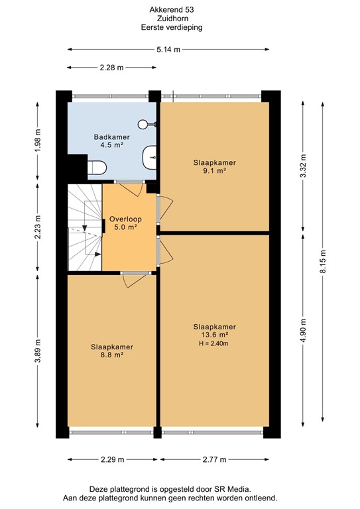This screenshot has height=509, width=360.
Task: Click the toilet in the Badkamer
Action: pos(97,168)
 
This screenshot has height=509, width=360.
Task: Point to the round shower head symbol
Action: pos(142,124)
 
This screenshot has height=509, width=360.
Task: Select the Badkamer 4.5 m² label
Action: pos(111,141)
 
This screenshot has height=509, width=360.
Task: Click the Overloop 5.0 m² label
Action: pos(125,223)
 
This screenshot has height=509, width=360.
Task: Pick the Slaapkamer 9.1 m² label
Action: pos(215,166)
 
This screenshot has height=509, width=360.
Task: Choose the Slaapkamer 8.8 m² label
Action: pos(112,351)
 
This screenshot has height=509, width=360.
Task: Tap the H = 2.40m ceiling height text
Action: pos(213,343)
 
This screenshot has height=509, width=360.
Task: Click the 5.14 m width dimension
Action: pos(168,50)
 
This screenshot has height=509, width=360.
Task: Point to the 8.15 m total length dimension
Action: pos(323,262)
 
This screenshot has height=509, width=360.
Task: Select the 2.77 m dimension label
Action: pos(214,460)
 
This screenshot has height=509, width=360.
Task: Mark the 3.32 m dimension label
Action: pos(303,166)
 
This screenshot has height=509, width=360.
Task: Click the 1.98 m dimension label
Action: pos(38,141)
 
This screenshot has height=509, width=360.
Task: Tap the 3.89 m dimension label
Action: pos(38,351)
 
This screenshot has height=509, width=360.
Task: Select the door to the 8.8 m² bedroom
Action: pos(135,280)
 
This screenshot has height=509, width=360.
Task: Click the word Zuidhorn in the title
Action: pos(172,19)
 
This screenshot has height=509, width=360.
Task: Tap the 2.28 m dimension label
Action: pos(111,68)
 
